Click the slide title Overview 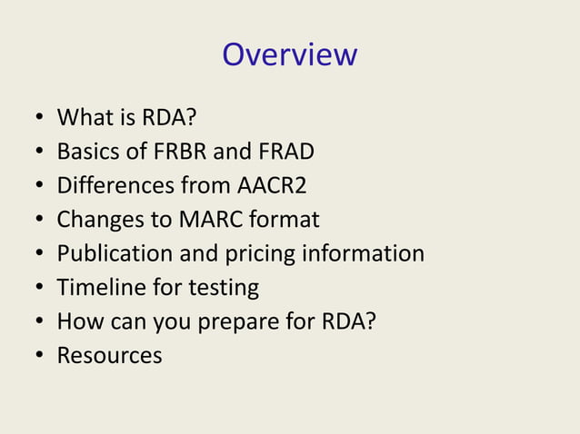click(289, 54)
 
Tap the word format click(283, 220)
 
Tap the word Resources click(109, 355)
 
